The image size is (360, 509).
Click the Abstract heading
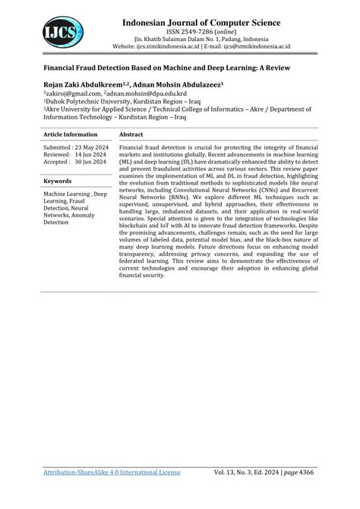(134, 133)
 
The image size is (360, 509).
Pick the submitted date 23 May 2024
(90, 147)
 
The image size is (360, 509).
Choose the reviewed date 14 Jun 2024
(90, 154)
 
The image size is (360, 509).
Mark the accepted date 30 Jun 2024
(90, 162)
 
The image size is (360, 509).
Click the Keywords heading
(58, 181)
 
